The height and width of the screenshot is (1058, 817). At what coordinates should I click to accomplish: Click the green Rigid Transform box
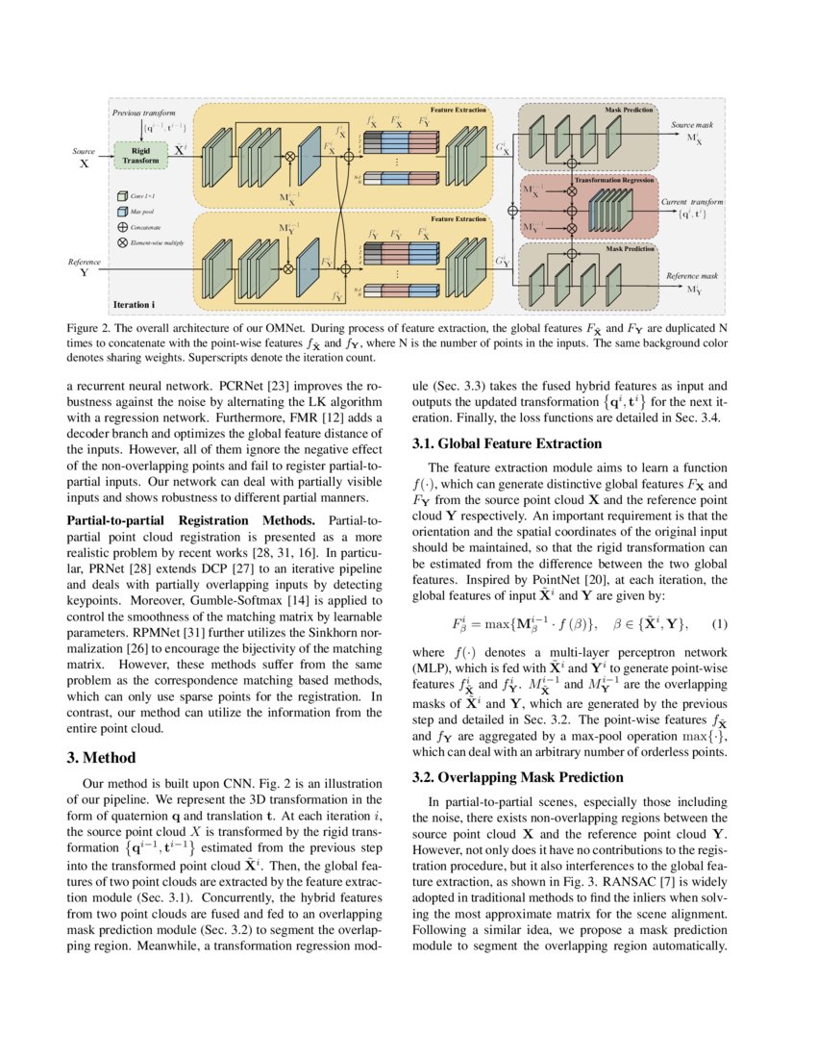pos(141,155)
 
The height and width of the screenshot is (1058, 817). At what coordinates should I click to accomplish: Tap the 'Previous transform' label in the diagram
pos(144,113)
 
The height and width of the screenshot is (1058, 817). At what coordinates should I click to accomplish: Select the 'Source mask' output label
pos(685,125)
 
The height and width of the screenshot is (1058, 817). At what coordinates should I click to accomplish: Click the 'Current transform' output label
pos(692,202)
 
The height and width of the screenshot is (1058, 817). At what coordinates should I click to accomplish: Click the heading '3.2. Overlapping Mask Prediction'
pos(513,776)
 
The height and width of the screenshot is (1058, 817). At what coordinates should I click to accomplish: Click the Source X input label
pos(84,157)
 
